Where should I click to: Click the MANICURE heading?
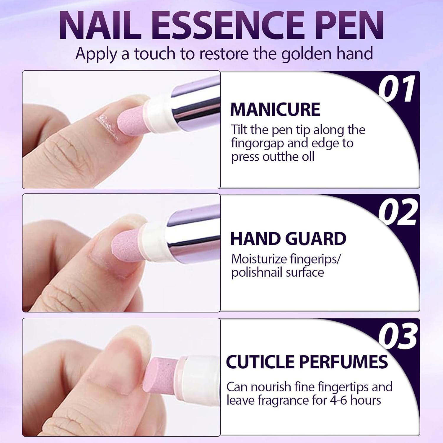coord(275,110)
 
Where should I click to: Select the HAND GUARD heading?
coord(288,239)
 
